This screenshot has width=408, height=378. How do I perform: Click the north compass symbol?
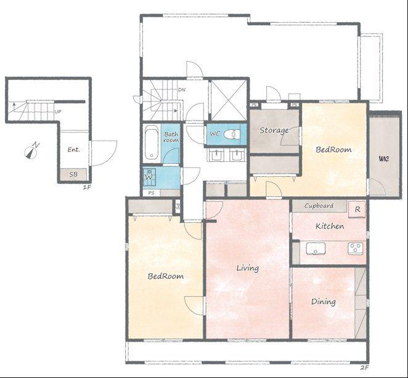click(31, 151)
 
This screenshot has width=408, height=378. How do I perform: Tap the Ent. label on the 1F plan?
click(73, 150)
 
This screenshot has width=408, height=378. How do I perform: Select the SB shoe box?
click(73, 174)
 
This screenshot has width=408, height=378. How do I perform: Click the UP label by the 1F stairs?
click(58, 111)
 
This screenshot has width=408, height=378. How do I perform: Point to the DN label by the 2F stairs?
click(182, 90)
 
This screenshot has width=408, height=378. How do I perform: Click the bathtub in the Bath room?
click(151, 142)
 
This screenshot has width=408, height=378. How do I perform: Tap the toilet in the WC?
click(232, 134)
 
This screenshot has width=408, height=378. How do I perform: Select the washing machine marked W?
click(149, 177)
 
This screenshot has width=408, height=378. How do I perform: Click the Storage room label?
click(274, 131)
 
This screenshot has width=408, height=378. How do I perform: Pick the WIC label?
click(384, 158)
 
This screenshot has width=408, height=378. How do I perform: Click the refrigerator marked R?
click(357, 209)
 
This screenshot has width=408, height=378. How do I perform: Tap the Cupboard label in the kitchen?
click(319, 206)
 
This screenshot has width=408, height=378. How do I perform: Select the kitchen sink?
click(316, 248)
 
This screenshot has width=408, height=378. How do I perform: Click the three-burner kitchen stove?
click(356, 249)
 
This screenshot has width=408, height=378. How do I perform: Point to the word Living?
click(248, 268)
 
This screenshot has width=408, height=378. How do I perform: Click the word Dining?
click(324, 302)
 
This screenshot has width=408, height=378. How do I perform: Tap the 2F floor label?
click(365, 368)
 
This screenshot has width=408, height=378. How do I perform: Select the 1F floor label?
click(87, 187)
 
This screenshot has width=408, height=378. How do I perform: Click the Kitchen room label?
click(330, 226)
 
